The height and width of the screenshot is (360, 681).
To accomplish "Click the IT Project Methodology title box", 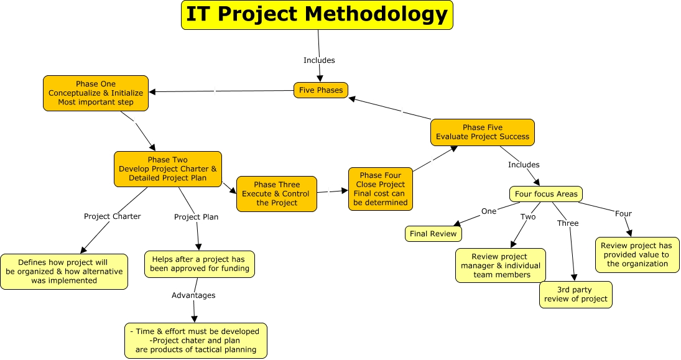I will pyautogui.click(x=317, y=15).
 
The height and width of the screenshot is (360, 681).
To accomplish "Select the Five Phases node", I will pyautogui.click(x=321, y=90).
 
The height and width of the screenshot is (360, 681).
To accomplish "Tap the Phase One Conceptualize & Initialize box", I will pyautogui.click(x=96, y=93).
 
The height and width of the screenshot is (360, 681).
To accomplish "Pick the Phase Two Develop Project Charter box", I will pyautogui.click(x=168, y=168).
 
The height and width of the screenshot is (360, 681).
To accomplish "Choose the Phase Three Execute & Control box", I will pyautogui.click(x=277, y=193).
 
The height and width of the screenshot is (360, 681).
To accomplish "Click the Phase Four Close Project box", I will pyautogui.click(x=381, y=189).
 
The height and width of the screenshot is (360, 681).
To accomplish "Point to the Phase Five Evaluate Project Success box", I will pyautogui.click(x=483, y=132).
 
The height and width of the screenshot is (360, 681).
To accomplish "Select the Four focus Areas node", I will pyautogui.click(x=546, y=194).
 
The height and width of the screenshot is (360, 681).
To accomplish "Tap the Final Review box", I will pyautogui.click(x=433, y=234).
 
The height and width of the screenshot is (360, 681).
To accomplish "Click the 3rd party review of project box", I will pyautogui.click(x=576, y=295).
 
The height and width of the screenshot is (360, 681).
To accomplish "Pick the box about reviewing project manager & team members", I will pyautogui.click(x=500, y=265).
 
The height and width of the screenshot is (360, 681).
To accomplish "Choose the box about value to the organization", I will pyautogui.click(x=637, y=254).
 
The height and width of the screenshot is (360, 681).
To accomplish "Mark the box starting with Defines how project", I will pyautogui.click(x=64, y=272).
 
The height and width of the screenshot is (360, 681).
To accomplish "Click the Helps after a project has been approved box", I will pyautogui.click(x=200, y=264).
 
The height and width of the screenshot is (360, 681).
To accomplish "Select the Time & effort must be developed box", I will pyautogui.click(x=196, y=341).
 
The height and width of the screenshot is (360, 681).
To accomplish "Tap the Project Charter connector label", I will pyautogui.click(x=113, y=216).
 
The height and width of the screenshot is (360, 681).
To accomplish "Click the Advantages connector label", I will pyautogui.click(x=193, y=295).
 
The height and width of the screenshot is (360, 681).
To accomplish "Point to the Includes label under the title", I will pyautogui.click(x=319, y=60).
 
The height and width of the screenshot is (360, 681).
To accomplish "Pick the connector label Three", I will pyautogui.click(x=568, y=223).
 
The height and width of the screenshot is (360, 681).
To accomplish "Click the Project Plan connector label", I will pyautogui.click(x=196, y=217).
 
